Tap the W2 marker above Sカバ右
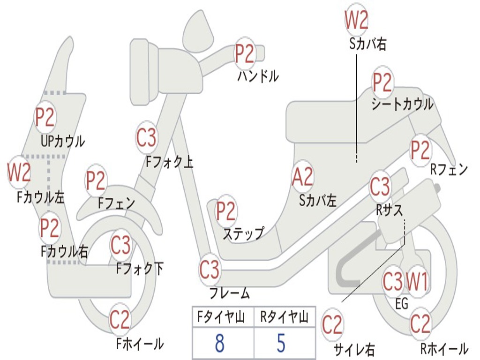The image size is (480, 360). (356, 20)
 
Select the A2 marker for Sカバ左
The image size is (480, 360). (302, 177)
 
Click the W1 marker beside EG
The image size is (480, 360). (417, 281)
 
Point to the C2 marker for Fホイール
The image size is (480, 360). (120, 319)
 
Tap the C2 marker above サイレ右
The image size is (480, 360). (332, 325)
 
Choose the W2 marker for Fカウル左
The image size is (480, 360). (19, 172)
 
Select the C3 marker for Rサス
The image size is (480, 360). (380, 186)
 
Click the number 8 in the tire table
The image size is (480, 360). (220, 343)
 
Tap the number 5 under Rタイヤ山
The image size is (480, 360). (281, 343)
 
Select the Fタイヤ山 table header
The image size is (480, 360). (221, 316)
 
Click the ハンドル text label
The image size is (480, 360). (258, 76)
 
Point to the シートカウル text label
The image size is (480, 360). (402, 104)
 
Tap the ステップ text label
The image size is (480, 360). (243, 233)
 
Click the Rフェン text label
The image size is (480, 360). (449, 169)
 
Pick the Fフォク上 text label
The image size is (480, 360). (169, 162)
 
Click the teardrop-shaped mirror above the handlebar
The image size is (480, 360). (198, 31)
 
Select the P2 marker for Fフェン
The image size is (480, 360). (96, 180)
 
